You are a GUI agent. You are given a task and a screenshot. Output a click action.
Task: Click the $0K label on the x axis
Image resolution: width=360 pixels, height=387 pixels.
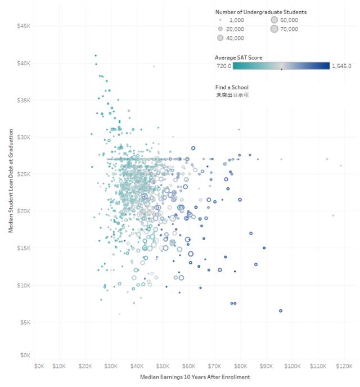click(39, 366)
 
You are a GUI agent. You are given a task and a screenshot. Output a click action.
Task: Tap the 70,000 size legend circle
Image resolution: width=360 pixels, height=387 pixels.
click(274, 29)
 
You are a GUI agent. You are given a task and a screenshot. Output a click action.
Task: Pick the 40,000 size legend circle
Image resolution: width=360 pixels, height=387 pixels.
click(220, 38)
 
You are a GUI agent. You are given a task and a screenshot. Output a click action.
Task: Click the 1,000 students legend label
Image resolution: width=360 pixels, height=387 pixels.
click(235, 20)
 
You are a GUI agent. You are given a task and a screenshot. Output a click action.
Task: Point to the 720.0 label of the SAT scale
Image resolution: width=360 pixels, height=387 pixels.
click(224, 66)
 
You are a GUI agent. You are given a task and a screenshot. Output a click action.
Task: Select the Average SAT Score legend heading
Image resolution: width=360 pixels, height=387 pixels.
click(238, 57)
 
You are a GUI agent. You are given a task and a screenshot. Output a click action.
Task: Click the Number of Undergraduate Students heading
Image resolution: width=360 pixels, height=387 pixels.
click(260, 11)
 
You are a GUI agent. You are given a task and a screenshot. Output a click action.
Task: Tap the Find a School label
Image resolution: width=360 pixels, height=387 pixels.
click(231, 87)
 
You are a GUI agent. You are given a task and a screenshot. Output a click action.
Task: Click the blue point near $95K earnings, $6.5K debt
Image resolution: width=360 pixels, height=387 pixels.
click(281, 310)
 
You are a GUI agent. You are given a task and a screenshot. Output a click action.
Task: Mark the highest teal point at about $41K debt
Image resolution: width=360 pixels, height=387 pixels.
click(96, 56)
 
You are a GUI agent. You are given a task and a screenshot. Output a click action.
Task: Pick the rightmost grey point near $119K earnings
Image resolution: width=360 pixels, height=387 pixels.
click(341, 165)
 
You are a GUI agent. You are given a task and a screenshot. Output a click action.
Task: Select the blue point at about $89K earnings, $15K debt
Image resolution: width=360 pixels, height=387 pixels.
click(264, 247)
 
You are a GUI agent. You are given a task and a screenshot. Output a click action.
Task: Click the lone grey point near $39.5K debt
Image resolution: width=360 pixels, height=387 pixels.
click(154, 66)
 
